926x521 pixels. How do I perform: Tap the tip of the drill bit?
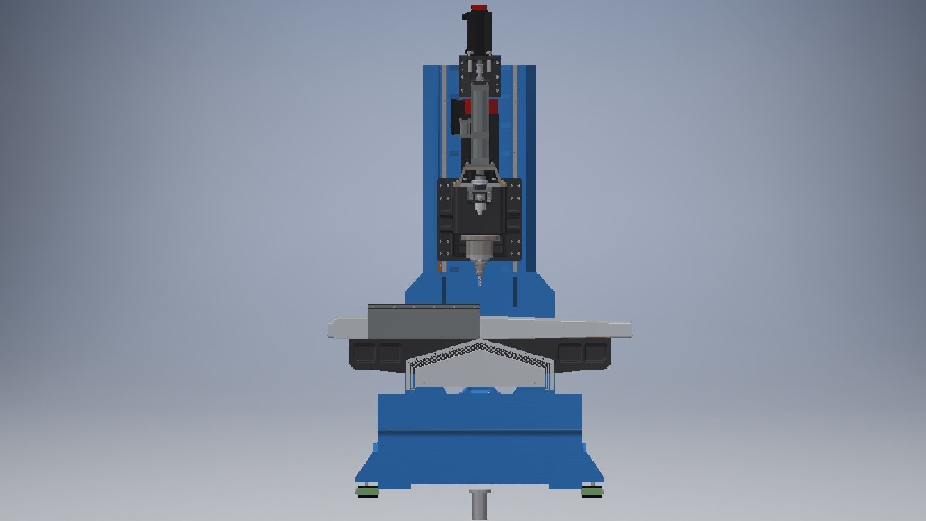click(x=479, y=286)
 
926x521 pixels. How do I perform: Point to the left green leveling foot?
click(x=368, y=491)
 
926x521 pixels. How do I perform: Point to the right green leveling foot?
click(x=592, y=491)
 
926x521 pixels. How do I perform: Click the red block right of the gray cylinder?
click(x=494, y=107)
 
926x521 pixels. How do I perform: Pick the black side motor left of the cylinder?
click(x=456, y=116)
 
